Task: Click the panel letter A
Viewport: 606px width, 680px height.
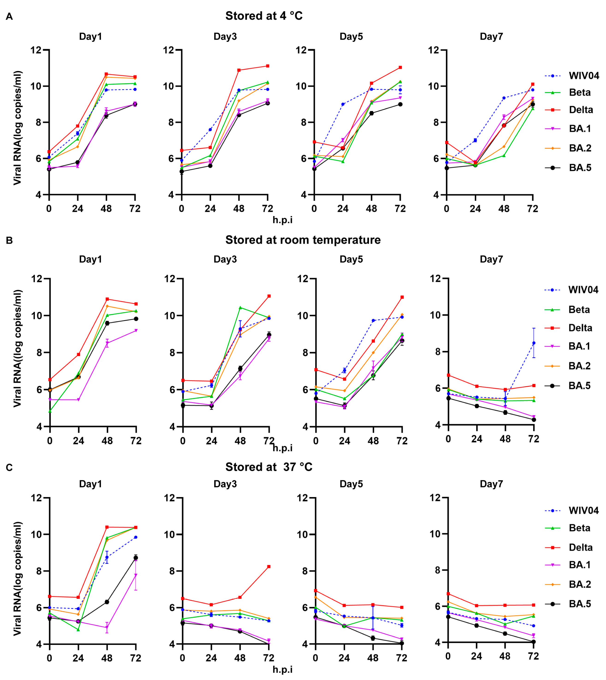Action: [9, 17]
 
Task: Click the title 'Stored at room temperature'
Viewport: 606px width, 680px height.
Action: [303, 240]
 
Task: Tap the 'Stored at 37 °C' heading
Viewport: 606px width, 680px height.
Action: [269, 467]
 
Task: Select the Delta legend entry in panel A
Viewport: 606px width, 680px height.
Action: [581, 110]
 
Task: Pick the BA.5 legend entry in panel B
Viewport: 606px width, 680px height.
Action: [579, 386]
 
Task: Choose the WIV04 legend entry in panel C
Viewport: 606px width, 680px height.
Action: [583, 510]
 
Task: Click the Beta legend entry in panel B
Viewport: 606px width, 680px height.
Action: [579, 310]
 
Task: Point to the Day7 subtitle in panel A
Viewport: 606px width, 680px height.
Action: [491, 37]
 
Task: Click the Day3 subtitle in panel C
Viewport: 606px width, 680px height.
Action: [225, 484]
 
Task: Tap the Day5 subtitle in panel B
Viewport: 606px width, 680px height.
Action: [351, 259]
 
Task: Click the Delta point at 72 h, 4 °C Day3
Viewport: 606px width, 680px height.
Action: [268, 66]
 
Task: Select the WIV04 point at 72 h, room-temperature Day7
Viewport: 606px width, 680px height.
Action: [534, 343]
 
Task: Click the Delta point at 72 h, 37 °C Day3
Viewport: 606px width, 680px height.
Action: [269, 567]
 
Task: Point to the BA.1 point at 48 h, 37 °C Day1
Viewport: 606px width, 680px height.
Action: [107, 628]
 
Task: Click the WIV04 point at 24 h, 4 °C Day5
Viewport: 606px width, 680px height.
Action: [343, 104]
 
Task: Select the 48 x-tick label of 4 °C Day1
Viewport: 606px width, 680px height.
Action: [106, 209]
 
